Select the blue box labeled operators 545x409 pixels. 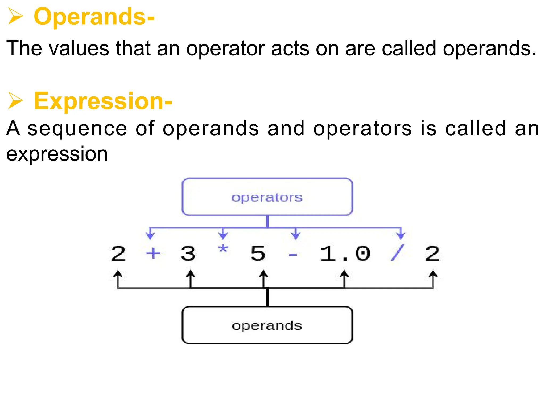tap(267, 197)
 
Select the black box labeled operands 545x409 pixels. tap(267, 325)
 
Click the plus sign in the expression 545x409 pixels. tap(153, 253)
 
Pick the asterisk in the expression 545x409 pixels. tap(223, 250)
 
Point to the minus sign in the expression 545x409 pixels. tap(293, 255)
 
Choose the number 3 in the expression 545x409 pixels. tap(188, 253)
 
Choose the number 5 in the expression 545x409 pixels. tap(258, 253)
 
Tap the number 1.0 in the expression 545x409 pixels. tap(345, 253)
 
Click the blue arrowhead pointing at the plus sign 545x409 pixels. tap(150, 236)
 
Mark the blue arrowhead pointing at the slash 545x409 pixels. tap(401, 236)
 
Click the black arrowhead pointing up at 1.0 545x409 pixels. tap(344, 274)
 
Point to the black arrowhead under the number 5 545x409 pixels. tap(263, 274)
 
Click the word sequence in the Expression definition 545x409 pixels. tap(77, 128)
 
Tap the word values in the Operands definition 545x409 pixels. tap(79, 48)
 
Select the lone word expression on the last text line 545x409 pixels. tap(57, 154)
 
